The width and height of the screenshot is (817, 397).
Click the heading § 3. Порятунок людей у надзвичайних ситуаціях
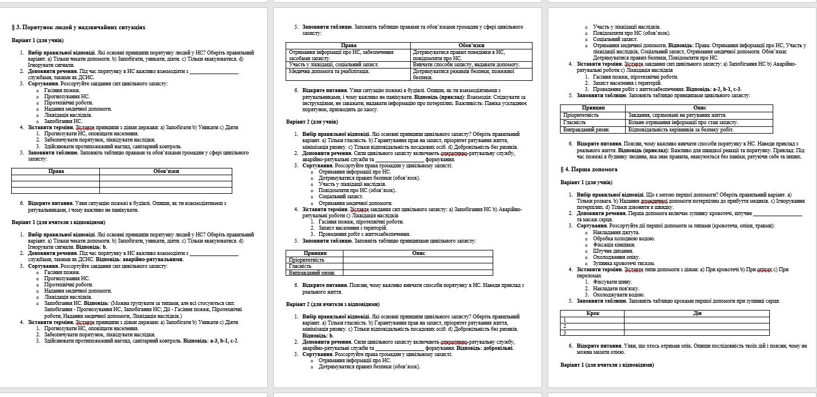point(79,27)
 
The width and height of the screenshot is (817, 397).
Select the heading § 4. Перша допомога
point(589,168)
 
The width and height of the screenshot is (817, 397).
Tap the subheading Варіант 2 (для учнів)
point(312,121)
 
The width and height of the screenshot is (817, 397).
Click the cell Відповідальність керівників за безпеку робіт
point(681,129)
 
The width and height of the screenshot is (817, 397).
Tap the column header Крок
point(593,313)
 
